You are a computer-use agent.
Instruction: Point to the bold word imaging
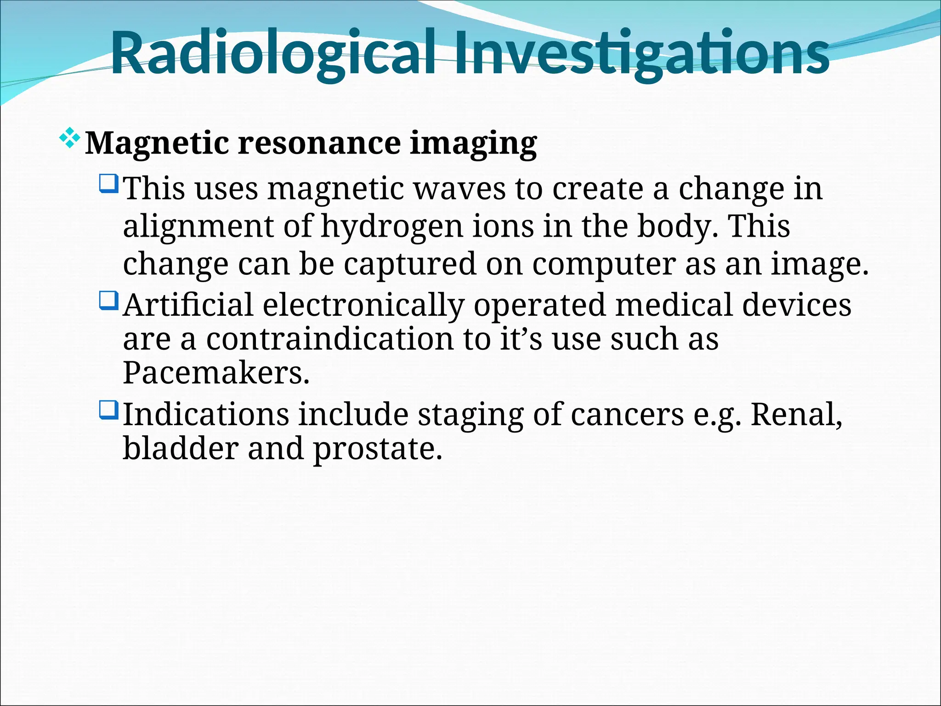pos(473,143)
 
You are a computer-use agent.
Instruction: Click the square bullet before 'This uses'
pos(109,183)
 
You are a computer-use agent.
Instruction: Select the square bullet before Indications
pos(109,410)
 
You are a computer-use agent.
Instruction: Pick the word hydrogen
pos(392,227)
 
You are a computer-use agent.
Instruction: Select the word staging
pos(470,415)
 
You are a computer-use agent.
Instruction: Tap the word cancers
pos(627,415)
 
